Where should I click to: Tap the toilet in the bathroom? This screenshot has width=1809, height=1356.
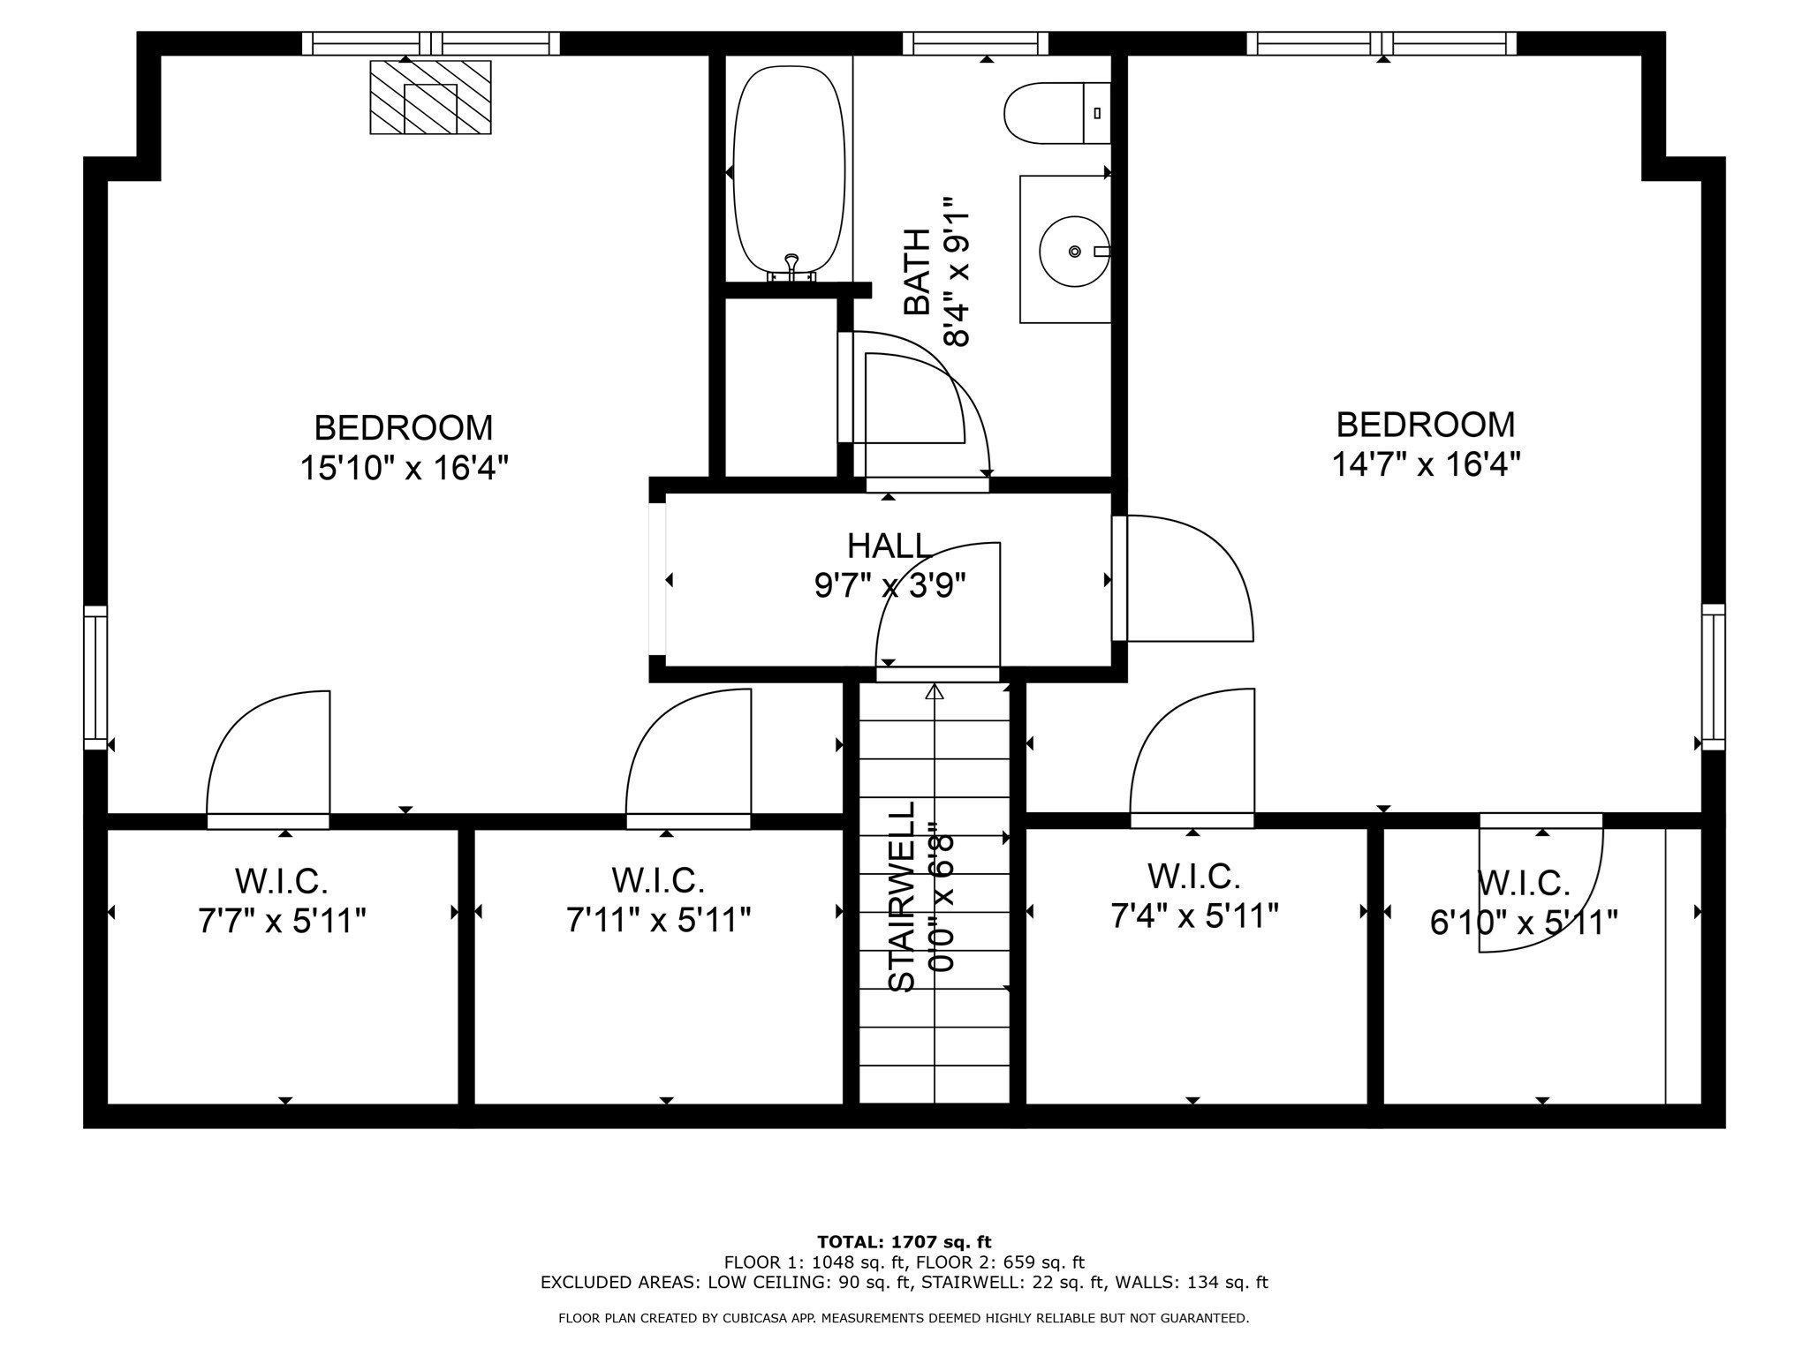(1056, 113)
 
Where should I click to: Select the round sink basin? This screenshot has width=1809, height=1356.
(1073, 252)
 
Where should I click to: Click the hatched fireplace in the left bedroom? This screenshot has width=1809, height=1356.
(430, 97)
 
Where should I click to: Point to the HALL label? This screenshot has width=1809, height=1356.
(889, 546)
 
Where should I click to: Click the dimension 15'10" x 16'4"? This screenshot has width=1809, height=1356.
(405, 467)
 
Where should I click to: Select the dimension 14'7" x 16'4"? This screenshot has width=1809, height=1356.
(1426, 463)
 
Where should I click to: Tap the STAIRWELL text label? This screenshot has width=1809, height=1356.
(902, 896)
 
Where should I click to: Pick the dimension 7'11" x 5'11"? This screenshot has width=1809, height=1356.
(658, 920)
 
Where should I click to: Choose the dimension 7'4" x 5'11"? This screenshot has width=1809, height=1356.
(1194, 916)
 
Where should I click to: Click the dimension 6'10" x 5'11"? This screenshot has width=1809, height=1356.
(1524, 923)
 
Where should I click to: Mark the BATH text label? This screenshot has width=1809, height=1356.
(918, 271)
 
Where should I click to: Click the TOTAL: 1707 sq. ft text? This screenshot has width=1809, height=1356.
(904, 1242)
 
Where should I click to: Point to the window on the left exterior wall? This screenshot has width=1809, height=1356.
(95, 677)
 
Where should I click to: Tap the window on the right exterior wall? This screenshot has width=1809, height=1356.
(1713, 677)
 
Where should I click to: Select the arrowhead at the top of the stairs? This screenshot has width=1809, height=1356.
(934, 691)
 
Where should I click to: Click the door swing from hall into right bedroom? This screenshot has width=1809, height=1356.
(1188, 578)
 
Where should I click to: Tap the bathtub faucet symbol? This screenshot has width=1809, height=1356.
(791, 263)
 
